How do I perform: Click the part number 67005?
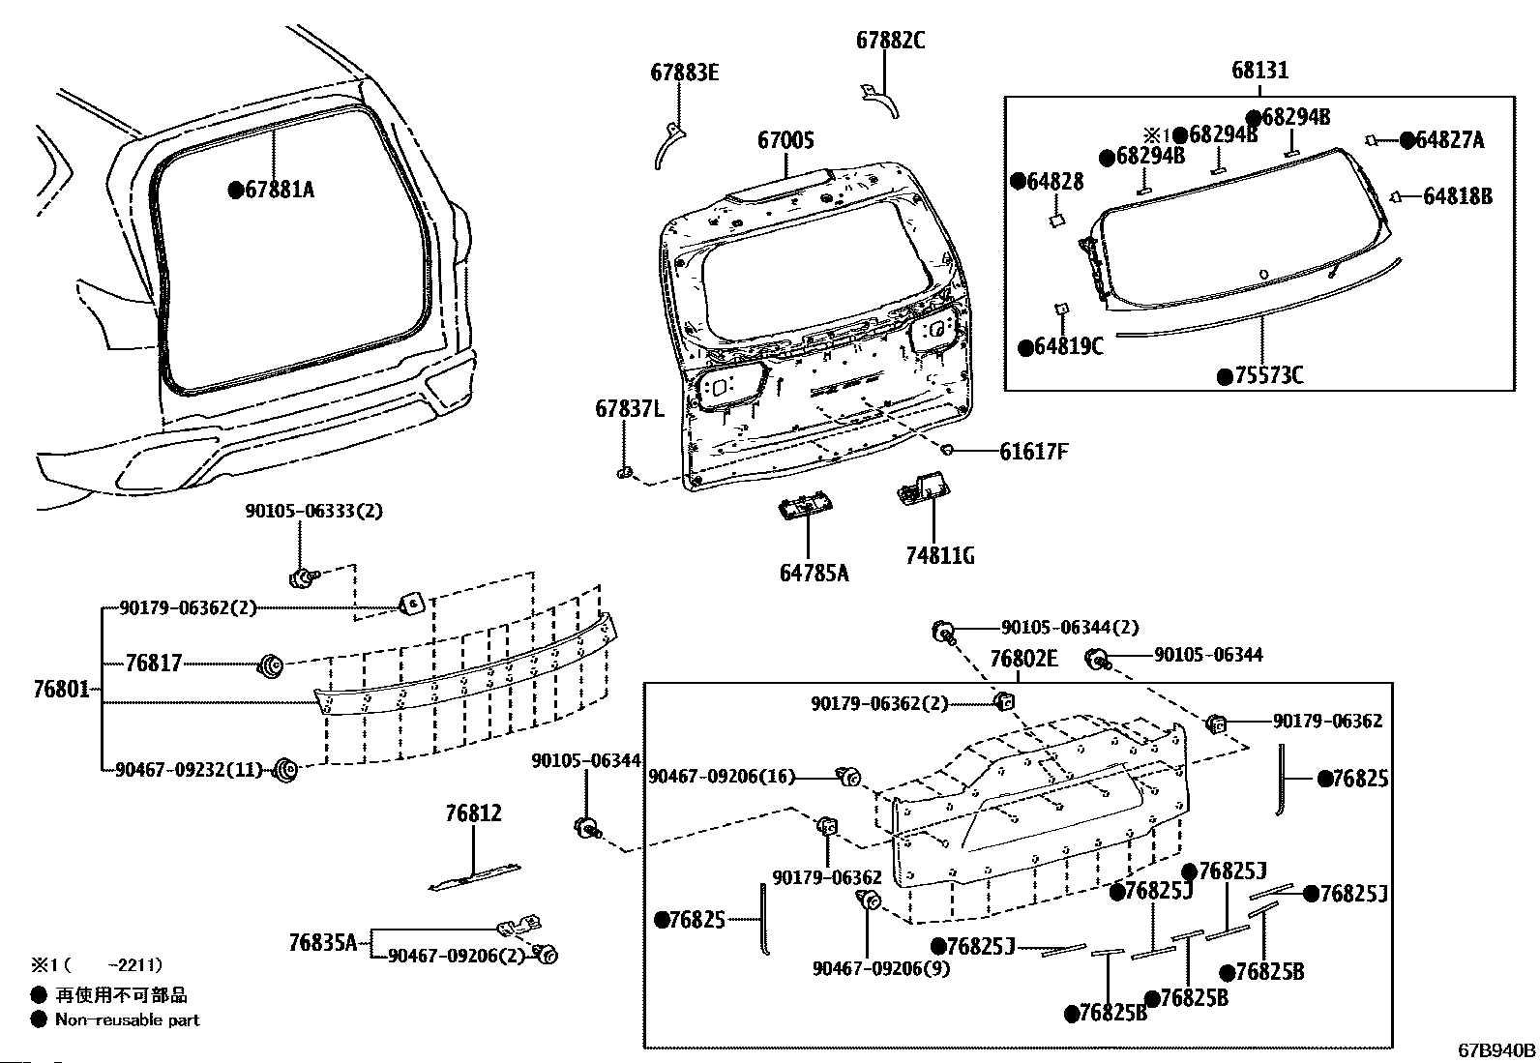(x=785, y=141)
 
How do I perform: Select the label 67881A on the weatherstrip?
(x=280, y=190)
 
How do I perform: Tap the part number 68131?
(x=1260, y=71)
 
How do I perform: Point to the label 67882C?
(x=890, y=41)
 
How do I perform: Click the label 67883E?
(x=685, y=73)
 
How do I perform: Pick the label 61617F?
(x=1034, y=452)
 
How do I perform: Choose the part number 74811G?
(x=940, y=555)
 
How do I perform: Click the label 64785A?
(x=814, y=573)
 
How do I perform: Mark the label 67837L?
(x=630, y=410)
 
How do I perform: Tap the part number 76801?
(x=61, y=689)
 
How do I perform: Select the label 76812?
(x=474, y=813)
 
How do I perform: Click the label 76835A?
(x=323, y=942)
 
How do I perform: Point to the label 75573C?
(x=1269, y=376)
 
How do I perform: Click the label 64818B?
(x=1458, y=196)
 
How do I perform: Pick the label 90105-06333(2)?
(x=314, y=511)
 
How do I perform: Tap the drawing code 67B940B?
(x=1496, y=1049)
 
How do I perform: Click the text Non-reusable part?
(x=127, y=1019)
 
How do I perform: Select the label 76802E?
(x=1023, y=659)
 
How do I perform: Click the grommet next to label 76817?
(x=270, y=666)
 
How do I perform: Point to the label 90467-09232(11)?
(x=189, y=769)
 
